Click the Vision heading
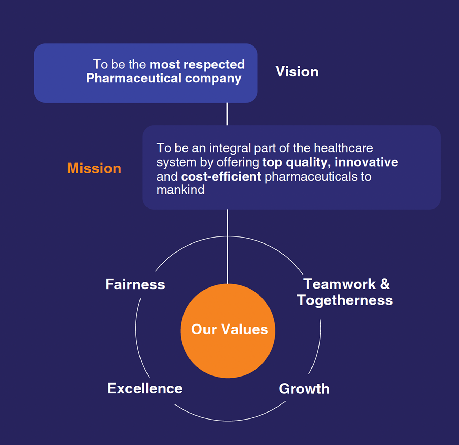tap(297, 71)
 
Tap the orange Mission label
tap(94, 168)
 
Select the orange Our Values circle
tap(228, 331)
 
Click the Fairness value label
tap(135, 284)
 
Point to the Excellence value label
tap(145, 388)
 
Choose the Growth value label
tap(304, 389)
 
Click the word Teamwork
tap(340, 284)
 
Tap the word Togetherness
tap(345, 300)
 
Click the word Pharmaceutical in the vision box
tap(134, 78)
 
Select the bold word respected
tap(214, 65)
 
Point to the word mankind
tap(180, 190)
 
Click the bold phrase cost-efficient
tap(221, 176)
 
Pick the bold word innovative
tap(366, 162)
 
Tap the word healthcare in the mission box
tap(343, 148)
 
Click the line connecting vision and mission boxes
tap(227, 114)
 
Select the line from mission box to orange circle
tap(227, 246)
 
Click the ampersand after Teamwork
tap(385, 284)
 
